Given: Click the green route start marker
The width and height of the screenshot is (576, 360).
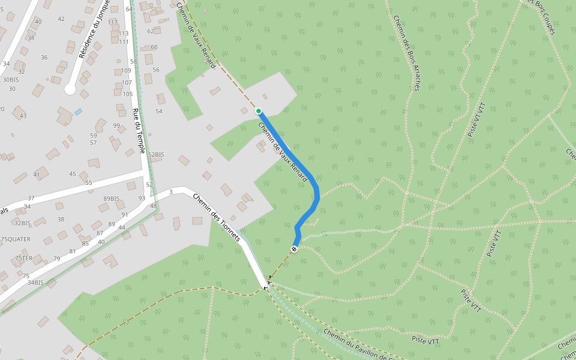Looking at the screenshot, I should [x=259, y=111].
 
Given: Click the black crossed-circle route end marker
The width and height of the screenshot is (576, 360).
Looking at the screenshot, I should [x=294, y=249].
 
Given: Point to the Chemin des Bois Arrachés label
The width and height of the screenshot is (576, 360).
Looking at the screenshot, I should [x=406, y=53].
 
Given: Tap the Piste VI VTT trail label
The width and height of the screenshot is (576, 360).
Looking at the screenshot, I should [x=476, y=119].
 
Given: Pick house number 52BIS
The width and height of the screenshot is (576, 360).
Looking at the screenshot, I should [x=156, y=155].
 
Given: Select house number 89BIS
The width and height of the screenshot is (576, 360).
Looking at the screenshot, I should [x=112, y=199].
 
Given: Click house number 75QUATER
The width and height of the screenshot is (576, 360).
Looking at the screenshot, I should [x=16, y=239].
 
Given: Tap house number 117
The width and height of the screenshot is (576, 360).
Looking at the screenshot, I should [x=113, y=22].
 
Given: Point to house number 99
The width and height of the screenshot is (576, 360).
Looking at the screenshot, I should [x=116, y=125].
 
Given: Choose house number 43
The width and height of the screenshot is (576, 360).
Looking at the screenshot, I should [x=23, y=116].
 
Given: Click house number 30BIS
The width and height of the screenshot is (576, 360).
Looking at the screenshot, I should [x=11, y=79].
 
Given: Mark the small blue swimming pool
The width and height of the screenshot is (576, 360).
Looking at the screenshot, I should [x=79, y=112].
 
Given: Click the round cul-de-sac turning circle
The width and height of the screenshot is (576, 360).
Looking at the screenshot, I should [x=70, y=89].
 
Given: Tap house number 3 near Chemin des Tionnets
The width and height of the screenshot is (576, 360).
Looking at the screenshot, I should [x=171, y=191].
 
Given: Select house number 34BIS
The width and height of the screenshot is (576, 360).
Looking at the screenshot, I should [x=35, y=283].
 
